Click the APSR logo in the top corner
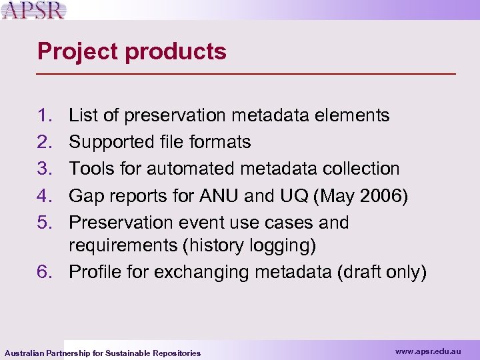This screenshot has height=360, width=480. [33, 11]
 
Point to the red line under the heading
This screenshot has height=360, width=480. [247, 73]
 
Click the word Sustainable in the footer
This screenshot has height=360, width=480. [128, 353]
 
